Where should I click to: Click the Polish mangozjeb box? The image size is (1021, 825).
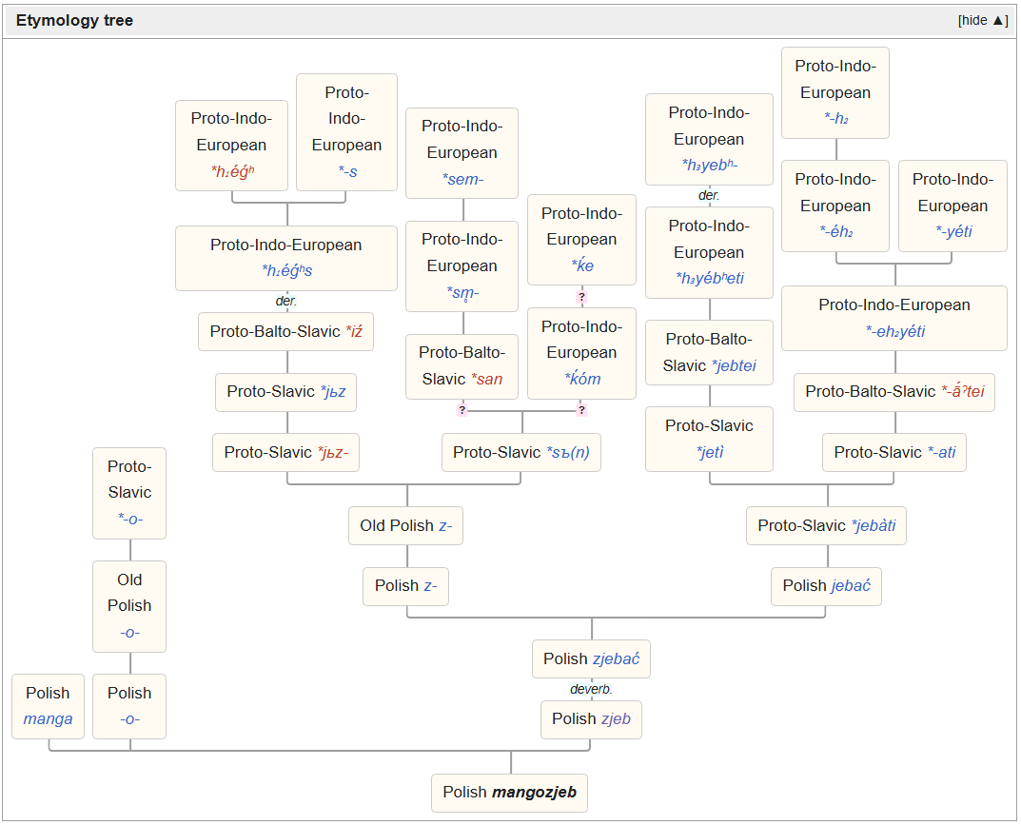(509, 793)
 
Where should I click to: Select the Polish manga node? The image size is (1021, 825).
(49, 706)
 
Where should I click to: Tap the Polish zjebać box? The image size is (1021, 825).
(591, 659)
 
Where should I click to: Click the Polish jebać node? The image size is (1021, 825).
(826, 586)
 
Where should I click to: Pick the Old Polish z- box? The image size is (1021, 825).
(405, 525)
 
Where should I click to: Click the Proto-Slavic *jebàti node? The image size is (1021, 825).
(826, 525)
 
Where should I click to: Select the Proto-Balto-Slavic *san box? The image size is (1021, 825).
(461, 366)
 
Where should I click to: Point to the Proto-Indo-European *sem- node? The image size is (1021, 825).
(461, 153)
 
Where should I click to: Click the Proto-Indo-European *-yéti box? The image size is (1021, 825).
(952, 206)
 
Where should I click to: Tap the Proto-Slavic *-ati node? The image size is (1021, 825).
(894, 453)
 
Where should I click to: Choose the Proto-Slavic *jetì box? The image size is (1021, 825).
(709, 439)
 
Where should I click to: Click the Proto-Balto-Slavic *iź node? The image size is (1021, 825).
(285, 331)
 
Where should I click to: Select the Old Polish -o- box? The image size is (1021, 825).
(129, 606)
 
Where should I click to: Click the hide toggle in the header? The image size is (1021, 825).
(983, 20)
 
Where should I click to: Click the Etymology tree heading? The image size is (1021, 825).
(74, 20)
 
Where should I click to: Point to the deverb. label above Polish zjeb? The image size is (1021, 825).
(591, 690)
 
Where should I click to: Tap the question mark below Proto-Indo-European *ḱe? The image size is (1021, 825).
(582, 297)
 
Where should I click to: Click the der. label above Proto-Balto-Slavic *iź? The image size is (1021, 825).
(285, 301)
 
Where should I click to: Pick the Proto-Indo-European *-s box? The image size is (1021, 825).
(346, 132)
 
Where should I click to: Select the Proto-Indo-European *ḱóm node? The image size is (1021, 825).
(581, 353)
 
